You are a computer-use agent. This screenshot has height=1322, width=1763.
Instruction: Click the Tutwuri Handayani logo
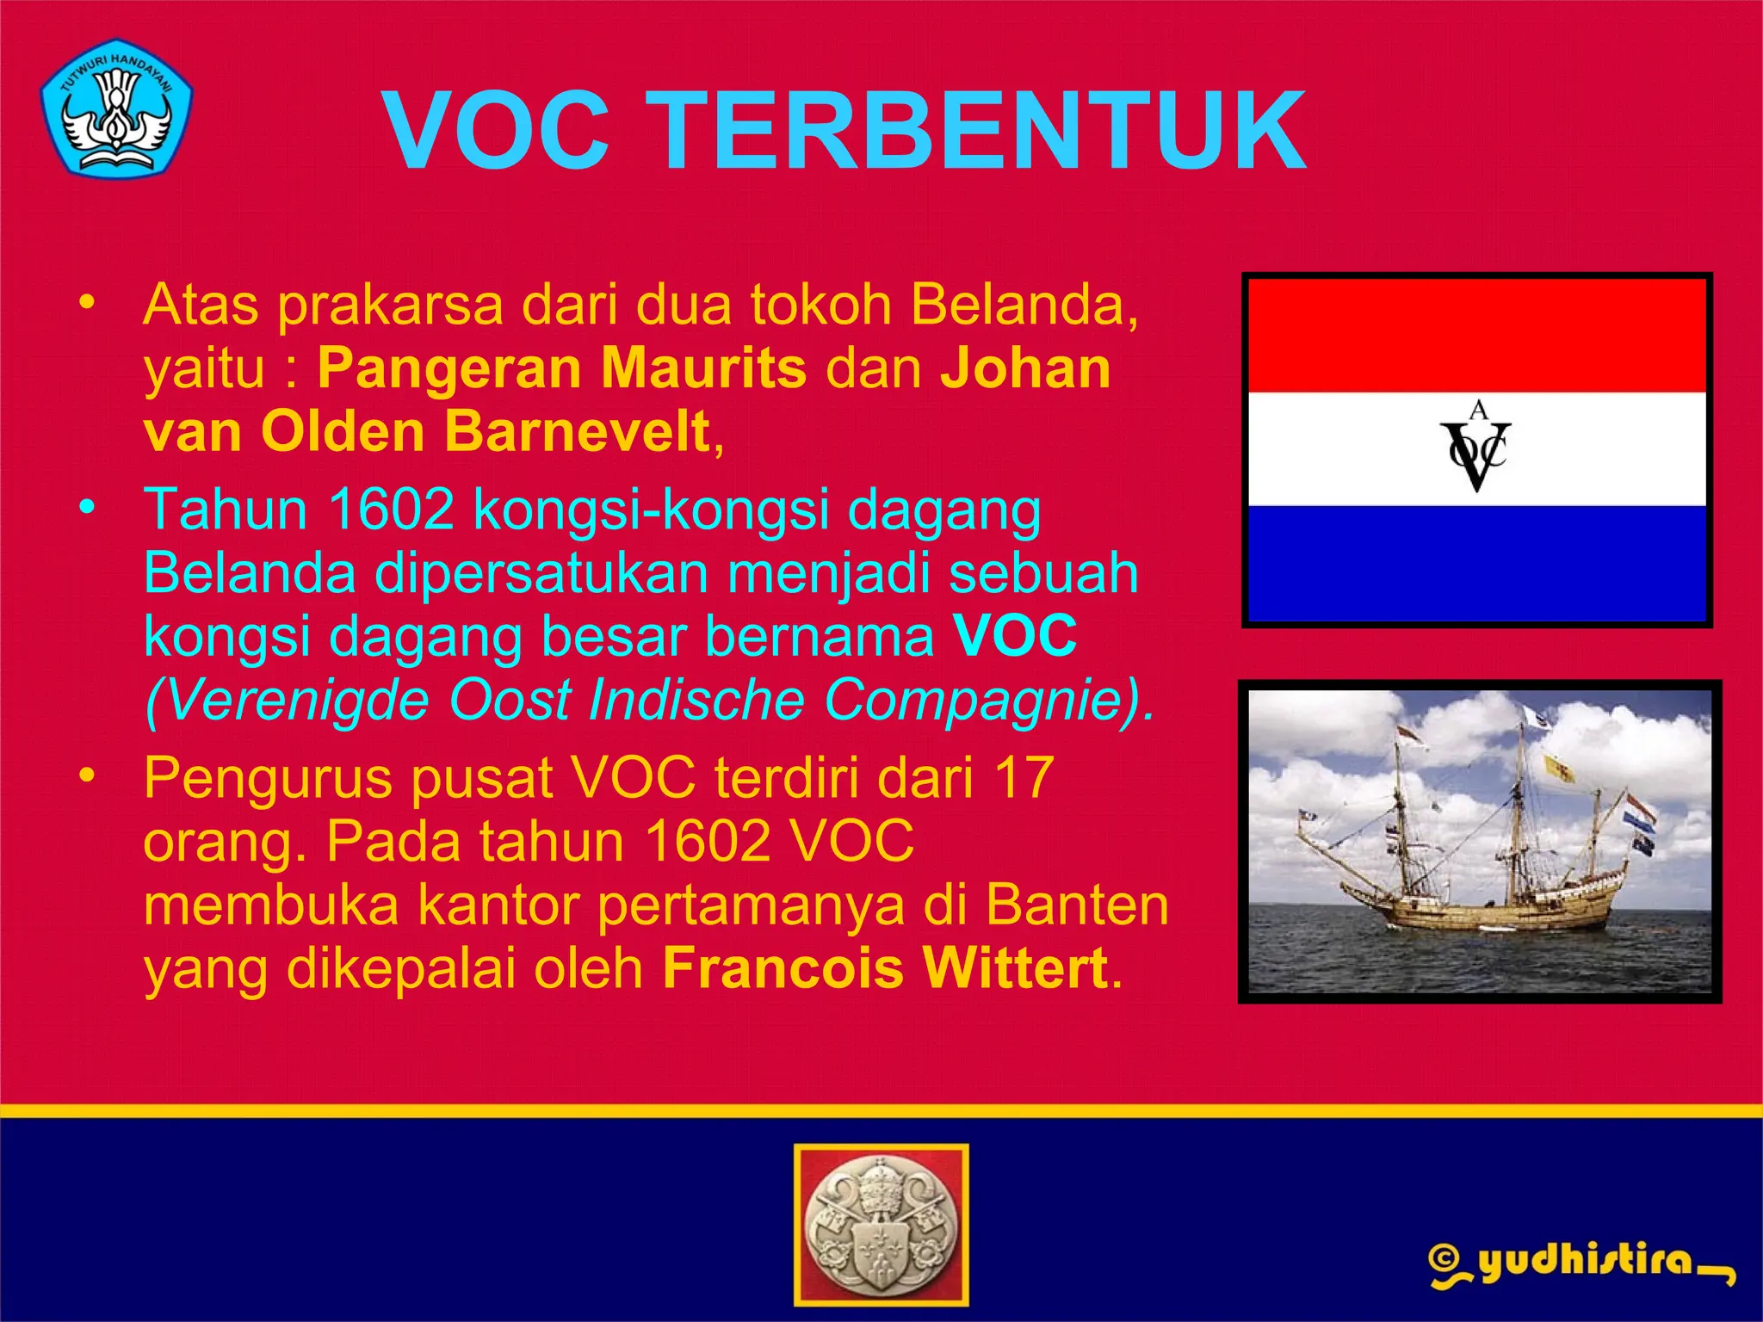point(116,108)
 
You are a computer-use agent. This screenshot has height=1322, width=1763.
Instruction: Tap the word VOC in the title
point(497,132)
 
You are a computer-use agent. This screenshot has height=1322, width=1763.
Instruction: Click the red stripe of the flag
point(1477,336)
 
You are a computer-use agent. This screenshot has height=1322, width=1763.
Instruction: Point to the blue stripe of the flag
point(1477,563)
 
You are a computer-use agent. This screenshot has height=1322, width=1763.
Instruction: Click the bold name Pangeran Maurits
point(562,368)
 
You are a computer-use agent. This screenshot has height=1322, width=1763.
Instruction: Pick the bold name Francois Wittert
point(885,968)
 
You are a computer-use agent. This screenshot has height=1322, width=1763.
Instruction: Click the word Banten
point(1076,905)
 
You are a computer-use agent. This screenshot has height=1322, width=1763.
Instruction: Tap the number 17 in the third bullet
point(1024,777)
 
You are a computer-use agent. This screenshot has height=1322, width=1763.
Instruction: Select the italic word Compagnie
point(977,699)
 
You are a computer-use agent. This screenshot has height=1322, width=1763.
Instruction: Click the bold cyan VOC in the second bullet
point(1014,635)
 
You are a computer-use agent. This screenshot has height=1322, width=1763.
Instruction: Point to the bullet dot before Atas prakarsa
point(85,302)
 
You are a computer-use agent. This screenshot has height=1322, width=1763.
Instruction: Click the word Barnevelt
point(578,431)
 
